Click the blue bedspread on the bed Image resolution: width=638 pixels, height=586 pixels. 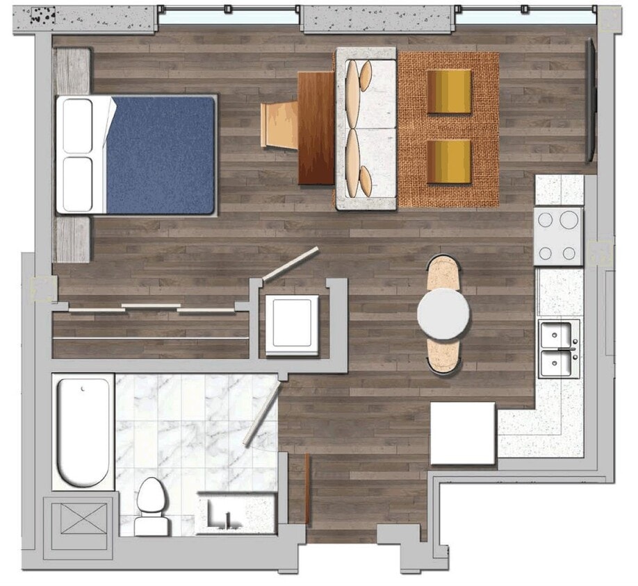click(x=161, y=154)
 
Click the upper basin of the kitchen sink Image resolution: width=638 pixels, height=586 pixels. click(x=559, y=335)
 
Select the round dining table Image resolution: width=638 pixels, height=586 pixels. click(x=443, y=313)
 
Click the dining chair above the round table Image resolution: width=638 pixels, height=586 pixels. click(x=443, y=272)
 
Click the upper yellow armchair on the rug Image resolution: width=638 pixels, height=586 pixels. click(x=449, y=92)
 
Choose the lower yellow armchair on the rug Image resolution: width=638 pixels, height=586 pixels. click(x=449, y=161)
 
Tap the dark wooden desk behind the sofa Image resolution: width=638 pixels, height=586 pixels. click(x=316, y=128)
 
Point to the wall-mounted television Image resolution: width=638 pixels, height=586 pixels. click(x=591, y=101)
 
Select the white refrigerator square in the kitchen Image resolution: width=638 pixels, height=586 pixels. click(x=463, y=433)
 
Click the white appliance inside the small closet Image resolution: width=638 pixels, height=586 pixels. click(x=292, y=325)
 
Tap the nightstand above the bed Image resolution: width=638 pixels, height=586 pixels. click(x=72, y=71)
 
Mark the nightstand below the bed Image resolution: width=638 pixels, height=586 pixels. click(x=72, y=239)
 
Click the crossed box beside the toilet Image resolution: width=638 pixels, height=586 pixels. click(x=80, y=517)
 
